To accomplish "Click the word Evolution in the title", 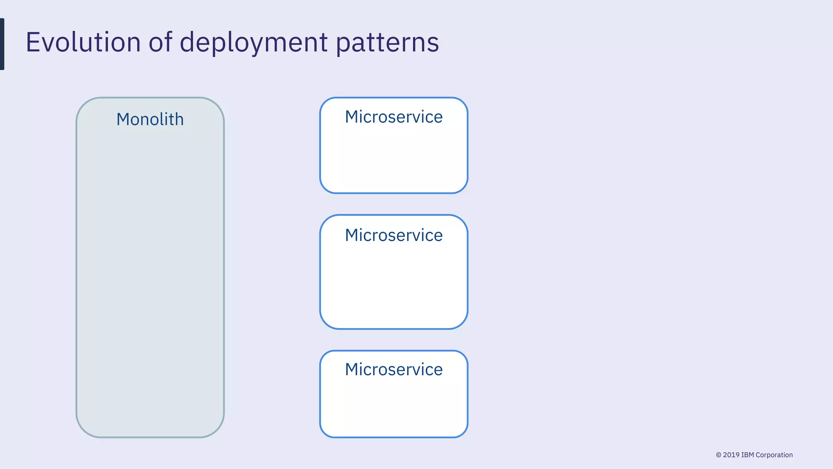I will coord(83,42).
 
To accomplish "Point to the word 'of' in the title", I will coord(160,42).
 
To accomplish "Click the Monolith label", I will coord(150,119).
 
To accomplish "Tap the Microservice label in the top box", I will coord(394,117).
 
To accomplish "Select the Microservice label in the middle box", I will coord(394,235).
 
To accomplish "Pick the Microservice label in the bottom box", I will coord(394,370).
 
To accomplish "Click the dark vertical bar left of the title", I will coord(2,44).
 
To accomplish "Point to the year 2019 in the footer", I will coord(731,455).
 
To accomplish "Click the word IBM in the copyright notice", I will coord(748,455).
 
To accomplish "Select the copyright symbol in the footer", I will coord(719,455).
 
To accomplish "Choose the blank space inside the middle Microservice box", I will coord(394,285).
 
